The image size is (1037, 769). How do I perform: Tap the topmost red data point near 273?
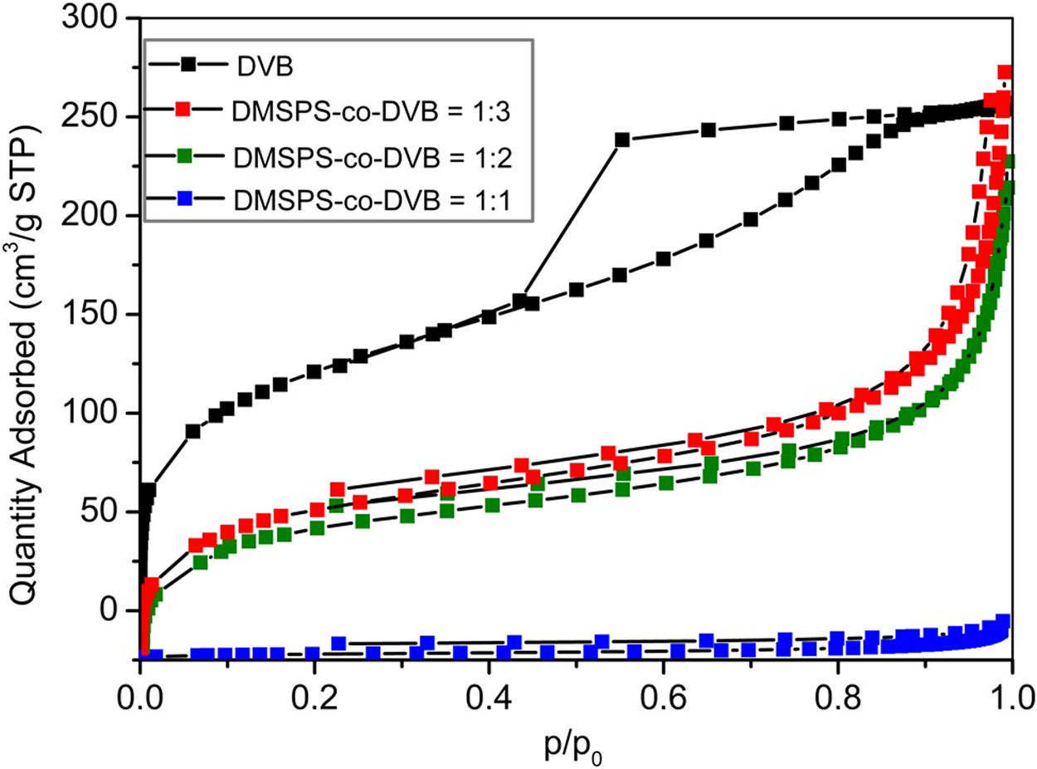pyautogui.click(x=1005, y=72)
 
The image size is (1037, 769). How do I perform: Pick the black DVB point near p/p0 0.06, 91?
pyautogui.click(x=193, y=431)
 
